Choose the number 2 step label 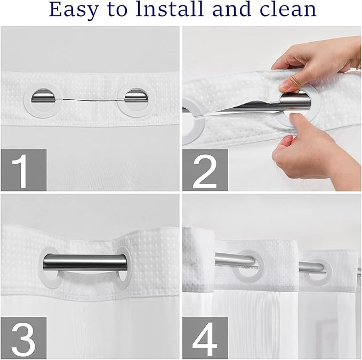coord(205,170)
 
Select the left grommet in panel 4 coord(249,265)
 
